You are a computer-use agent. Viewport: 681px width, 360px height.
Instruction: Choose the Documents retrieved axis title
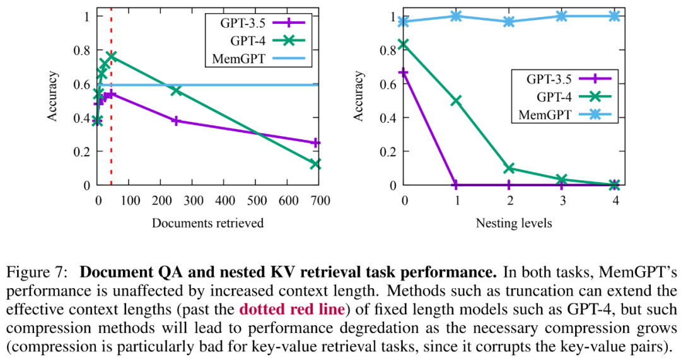point(207,223)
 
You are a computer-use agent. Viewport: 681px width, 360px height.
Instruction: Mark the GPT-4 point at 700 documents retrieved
point(316,164)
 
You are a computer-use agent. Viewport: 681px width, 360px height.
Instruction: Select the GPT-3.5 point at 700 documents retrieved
point(316,143)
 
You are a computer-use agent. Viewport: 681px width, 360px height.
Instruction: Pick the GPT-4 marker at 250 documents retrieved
point(176,91)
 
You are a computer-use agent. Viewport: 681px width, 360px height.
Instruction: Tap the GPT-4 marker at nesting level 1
point(456,101)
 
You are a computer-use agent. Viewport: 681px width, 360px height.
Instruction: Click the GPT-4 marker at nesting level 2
point(509,168)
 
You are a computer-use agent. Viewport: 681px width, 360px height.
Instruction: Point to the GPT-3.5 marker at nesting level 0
point(404,73)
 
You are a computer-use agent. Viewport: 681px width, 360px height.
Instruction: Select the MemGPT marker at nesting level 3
point(562,16)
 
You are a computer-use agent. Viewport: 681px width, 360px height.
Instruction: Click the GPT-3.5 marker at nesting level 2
point(509,185)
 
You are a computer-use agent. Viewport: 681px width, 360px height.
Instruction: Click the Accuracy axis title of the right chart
point(359,96)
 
